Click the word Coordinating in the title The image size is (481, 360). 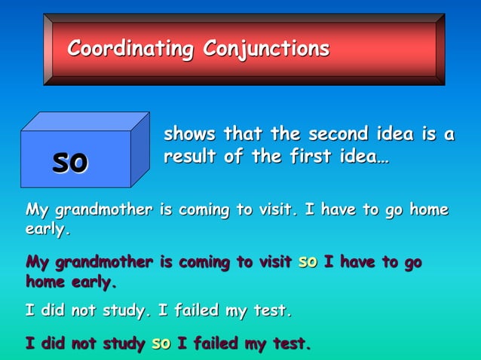pyautogui.click(x=130, y=50)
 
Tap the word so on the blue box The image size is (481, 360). pyautogui.click(x=70, y=161)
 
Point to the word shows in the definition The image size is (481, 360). pyautogui.click(x=188, y=135)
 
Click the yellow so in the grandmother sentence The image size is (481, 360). pyautogui.click(x=308, y=263)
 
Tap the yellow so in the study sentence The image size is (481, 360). pyautogui.click(x=161, y=344)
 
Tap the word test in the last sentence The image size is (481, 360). pyautogui.click(x=291, y=344)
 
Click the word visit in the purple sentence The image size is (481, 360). pyautogui.click(x=272, y=263)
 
